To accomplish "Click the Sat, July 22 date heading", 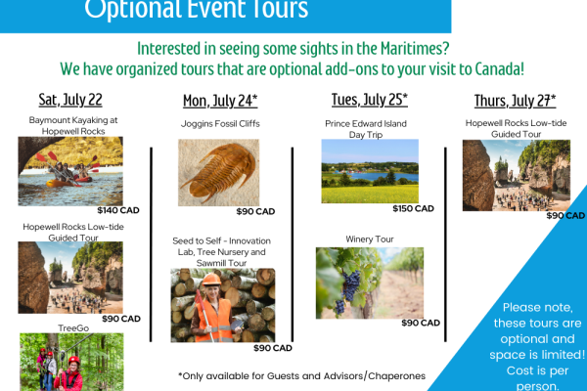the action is point(70,100).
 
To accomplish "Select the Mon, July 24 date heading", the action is point(220,101).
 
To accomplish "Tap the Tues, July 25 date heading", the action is point(370,100).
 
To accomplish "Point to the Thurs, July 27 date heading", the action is point(516,101).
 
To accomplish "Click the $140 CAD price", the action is point(118,210).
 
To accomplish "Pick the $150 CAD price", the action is point(413,209).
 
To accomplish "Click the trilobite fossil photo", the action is point(218,172).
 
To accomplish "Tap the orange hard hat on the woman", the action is point(211,280).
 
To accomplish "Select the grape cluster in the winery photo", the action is point(348,290).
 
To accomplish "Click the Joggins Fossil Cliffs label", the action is point(220,124).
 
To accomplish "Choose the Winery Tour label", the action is point(370,239).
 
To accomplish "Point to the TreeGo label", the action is point(73,328).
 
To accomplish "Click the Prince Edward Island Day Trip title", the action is point(366,129).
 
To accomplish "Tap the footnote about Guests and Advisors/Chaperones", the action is point(301,376).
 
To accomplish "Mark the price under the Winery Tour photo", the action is point(421,323).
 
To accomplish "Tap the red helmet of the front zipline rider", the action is point(74,361).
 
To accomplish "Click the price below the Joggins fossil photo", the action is point(255,212).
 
